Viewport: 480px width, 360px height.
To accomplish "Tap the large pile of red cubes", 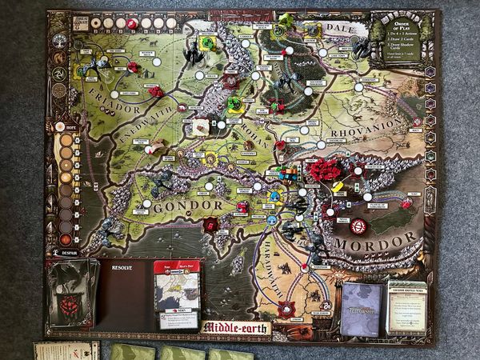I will coord(324,170).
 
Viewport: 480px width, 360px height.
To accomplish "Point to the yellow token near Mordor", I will coord(338,186).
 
